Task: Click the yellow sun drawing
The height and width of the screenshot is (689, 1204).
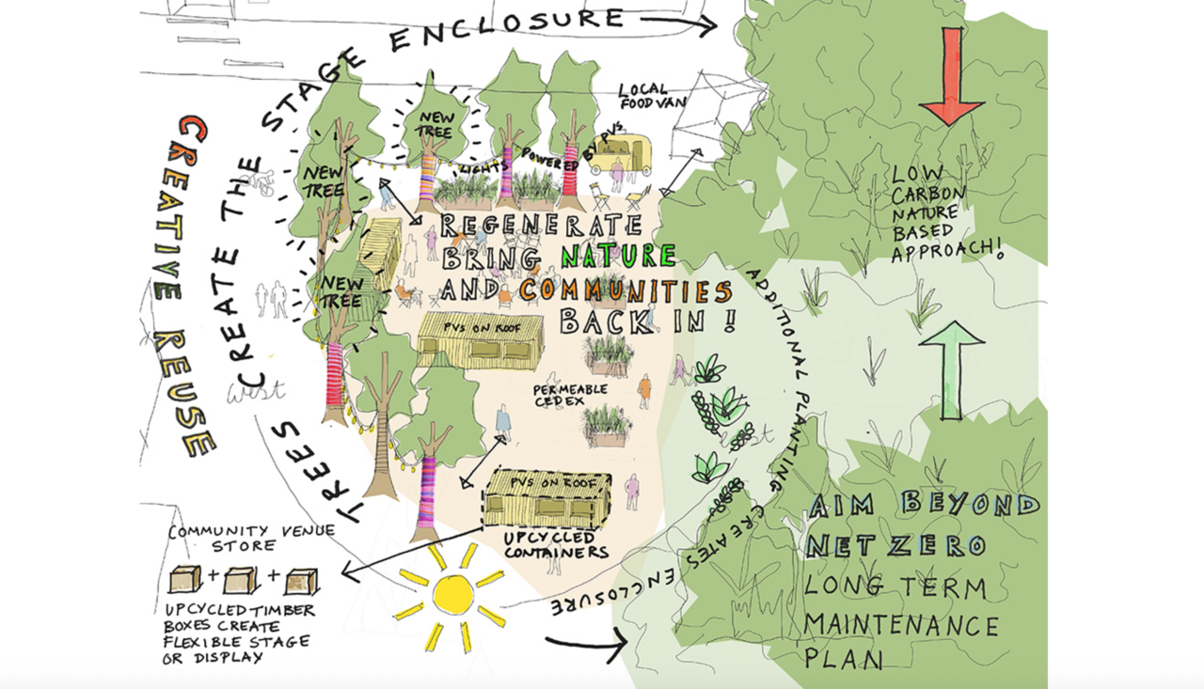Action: point(452,594)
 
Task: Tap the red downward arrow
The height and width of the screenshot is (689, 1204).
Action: point(952,77)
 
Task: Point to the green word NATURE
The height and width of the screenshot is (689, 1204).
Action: point(618,256)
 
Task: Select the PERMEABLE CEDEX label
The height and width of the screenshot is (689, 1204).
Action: point(570,395)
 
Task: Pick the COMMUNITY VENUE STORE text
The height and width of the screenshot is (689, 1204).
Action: point(250,538)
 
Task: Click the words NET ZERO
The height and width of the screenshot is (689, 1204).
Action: point(895,544)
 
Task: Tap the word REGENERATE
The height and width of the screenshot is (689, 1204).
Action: point(540,227)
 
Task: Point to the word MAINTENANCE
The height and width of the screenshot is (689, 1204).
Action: point(900,624)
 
